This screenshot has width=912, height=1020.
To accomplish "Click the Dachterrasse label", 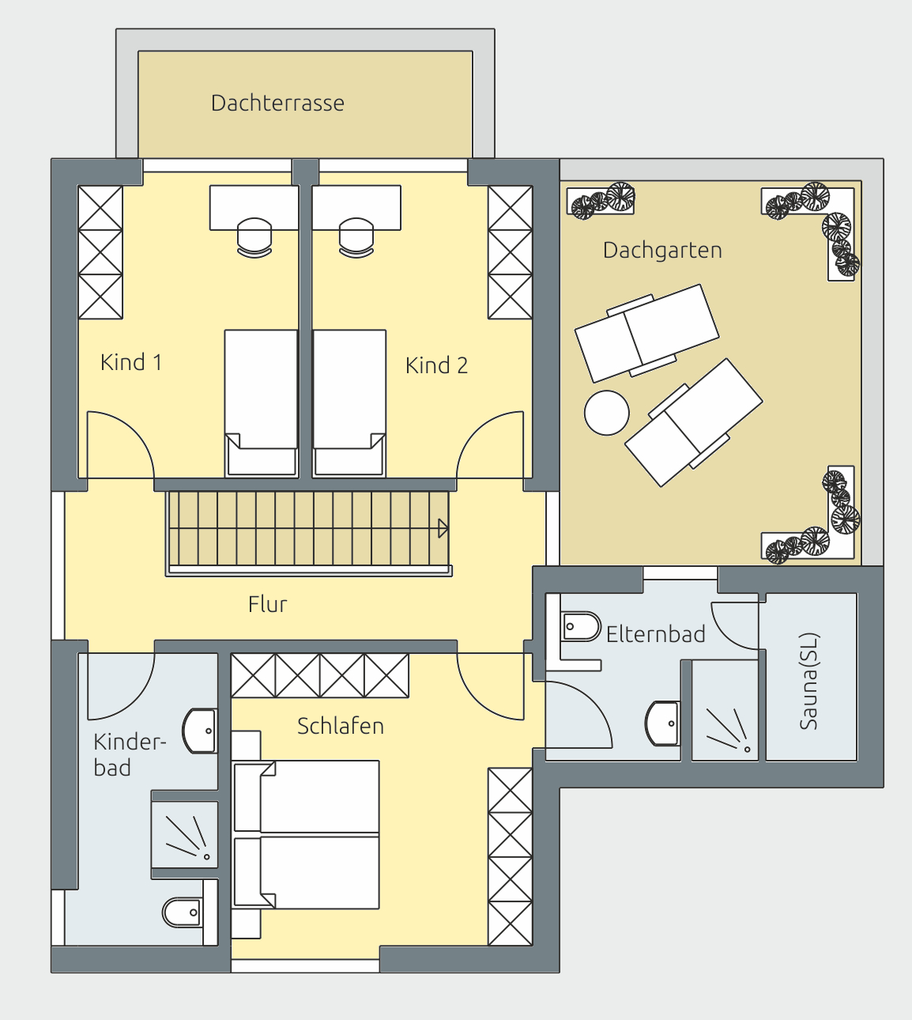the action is (x=277, y=104).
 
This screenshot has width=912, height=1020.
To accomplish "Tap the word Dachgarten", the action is (x=662, y=250).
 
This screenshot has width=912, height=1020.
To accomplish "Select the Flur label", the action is (x=267, y=604).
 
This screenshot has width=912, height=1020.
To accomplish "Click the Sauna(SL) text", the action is (x=808, y=681).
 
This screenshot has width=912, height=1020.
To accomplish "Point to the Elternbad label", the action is (x=655, y=634).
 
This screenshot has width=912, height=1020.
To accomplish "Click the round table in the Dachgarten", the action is (x=606, y=413).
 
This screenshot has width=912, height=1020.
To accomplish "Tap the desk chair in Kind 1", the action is (x=254, y=238).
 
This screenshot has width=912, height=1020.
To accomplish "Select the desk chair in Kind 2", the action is (x=356, y=238).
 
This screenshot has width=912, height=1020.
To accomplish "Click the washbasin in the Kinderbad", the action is (x=199, y=731).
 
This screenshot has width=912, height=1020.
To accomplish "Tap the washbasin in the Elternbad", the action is (x=662, y=723).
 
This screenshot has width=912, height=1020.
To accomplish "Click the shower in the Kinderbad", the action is (x=185, y=834).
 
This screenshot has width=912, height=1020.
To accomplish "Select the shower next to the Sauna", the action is (x=725, y=710).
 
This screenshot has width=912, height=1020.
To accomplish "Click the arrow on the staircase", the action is (x=443, y=529).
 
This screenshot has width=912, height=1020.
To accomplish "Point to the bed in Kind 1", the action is (x=261, y=402).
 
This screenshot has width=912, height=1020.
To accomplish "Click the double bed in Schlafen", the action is (x=306, y=835).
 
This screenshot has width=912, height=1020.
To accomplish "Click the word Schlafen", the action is (x=341, y=726).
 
